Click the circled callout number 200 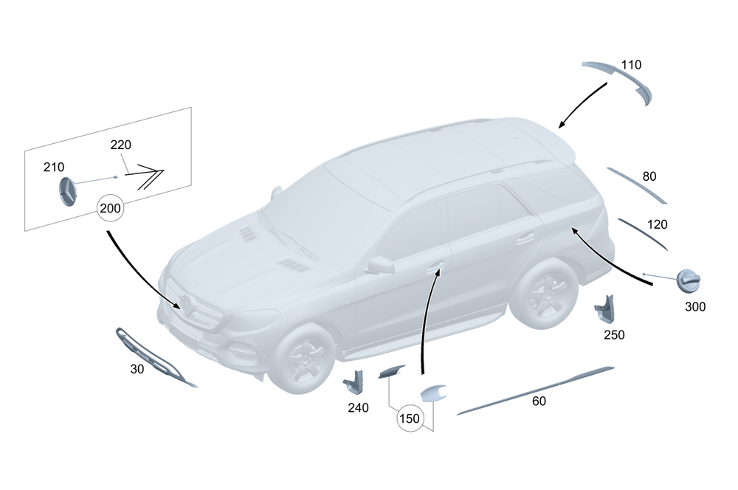coord(110,207)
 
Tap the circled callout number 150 coord(410,418)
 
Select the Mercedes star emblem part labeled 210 coord(68,192)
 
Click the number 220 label coord(120,145)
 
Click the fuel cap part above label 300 coord(689,281)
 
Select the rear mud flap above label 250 coord(604,308)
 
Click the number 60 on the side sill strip coord(539,401)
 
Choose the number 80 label coord(649,176)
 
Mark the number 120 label coord(657,224)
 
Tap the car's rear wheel coord(544,292)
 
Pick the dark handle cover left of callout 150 coord(391,371)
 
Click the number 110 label coord(631,64)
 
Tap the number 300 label coord(695,307)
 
